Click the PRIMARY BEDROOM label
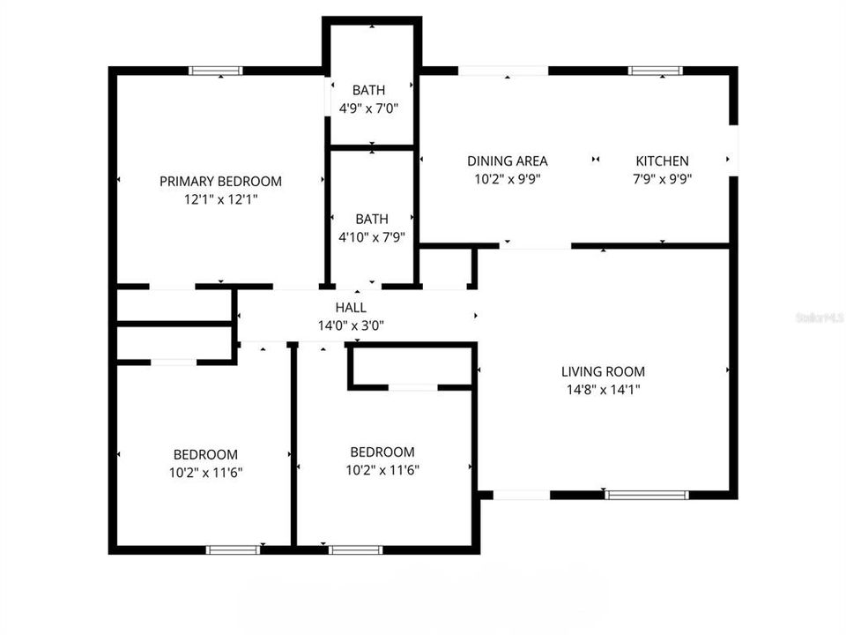coord(220,182)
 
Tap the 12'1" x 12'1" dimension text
coord(220,199)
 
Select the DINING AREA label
coord(508,161)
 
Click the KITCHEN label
coord(662,161)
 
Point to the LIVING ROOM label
coord(603,371)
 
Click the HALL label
coord(351,308)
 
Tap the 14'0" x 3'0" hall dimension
coord(351,325)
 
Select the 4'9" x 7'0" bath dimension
coord(368,108)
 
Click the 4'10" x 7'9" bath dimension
coord(372,237)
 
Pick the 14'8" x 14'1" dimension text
coord(603,389)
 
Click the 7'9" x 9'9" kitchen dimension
coord(662,179)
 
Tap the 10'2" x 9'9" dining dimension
coord(508,179)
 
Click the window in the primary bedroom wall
coord(216,71)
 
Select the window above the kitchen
coord(656,71)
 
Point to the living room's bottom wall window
coord(647,495)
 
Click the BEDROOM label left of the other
coord(205,455)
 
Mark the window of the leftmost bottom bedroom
coord(233,549)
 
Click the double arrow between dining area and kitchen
coord(596,160)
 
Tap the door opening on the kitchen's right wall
coord(734,150)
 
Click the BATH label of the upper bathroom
coord(368,90)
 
